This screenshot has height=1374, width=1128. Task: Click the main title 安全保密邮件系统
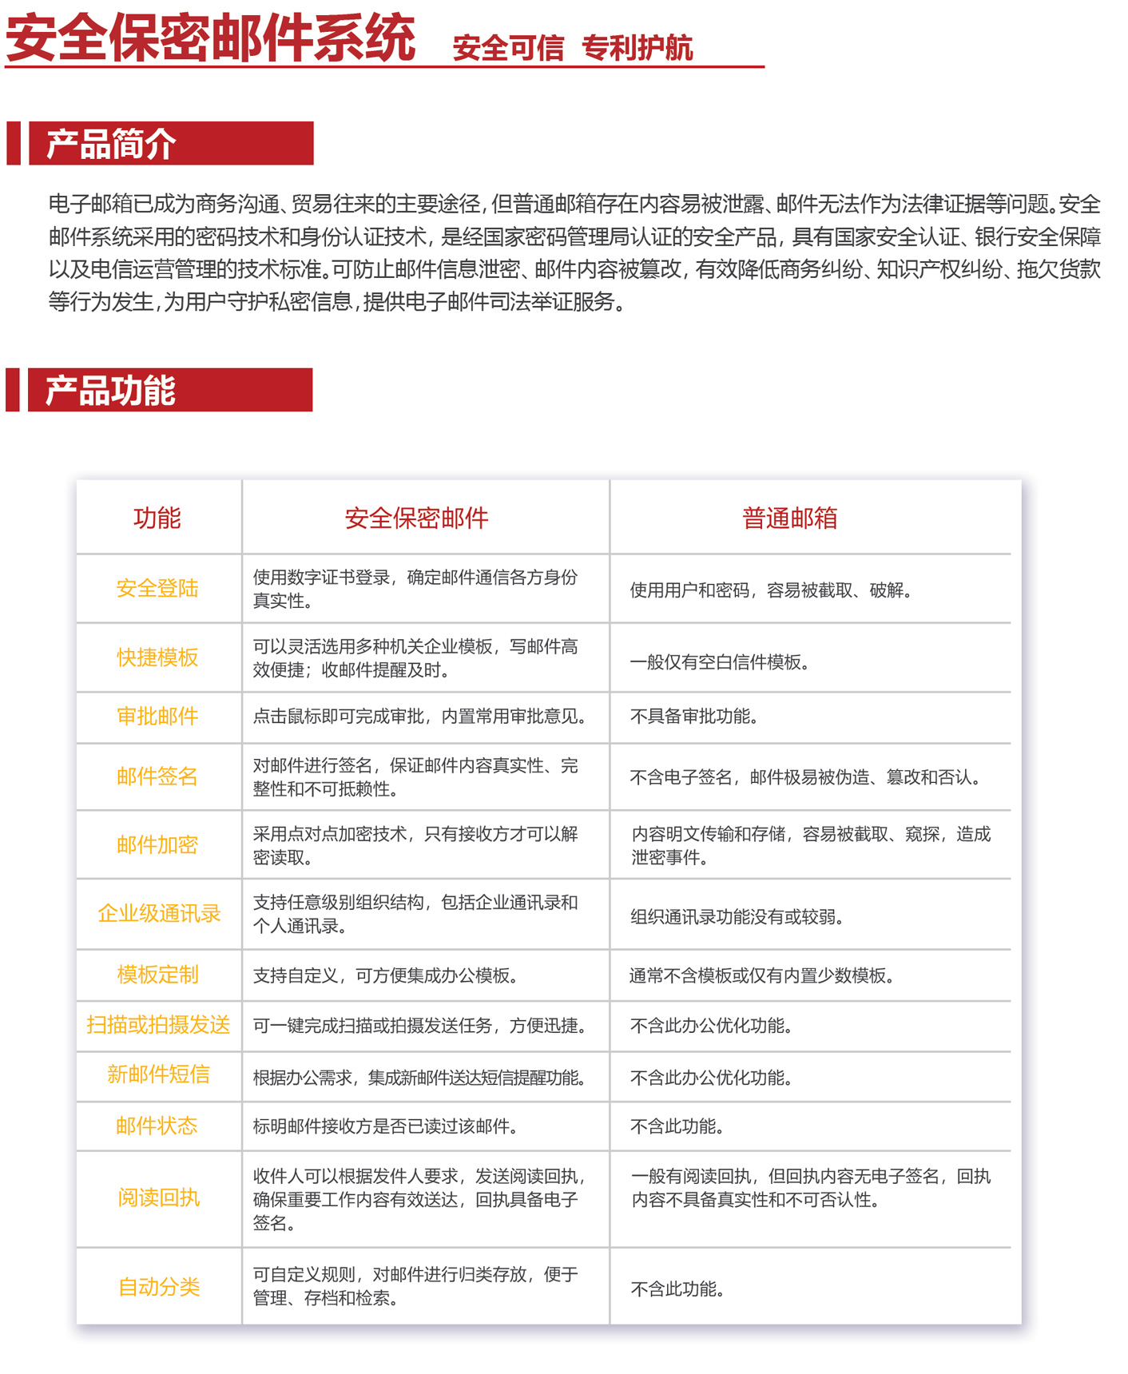click(210, 38)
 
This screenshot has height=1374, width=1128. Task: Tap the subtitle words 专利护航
click(637, 48)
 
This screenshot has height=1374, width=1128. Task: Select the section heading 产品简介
click(111, 144)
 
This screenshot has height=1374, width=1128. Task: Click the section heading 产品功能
click(110, 391)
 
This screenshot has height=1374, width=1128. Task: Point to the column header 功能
click(157, 518)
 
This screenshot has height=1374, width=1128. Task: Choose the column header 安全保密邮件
click(416, 518)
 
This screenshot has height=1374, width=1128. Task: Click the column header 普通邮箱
click(789, 518)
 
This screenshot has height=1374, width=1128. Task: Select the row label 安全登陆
click(157, 589)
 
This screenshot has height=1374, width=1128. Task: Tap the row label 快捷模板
click(157, 657)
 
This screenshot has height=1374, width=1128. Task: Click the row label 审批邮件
click(157, 717)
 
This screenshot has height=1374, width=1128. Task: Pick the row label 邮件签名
click(157, 776)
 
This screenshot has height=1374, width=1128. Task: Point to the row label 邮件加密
click(157, 845)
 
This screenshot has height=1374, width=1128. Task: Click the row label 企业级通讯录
click(159, 914)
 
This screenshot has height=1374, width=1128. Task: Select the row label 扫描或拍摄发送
click(158, 1025)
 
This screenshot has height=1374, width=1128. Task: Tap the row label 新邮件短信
click(158, 1074)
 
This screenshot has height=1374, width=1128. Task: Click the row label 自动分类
click(158, 1287)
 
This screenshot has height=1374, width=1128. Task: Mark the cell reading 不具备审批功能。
click(694, 717)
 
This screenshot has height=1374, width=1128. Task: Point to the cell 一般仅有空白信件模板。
click(720, 662)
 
